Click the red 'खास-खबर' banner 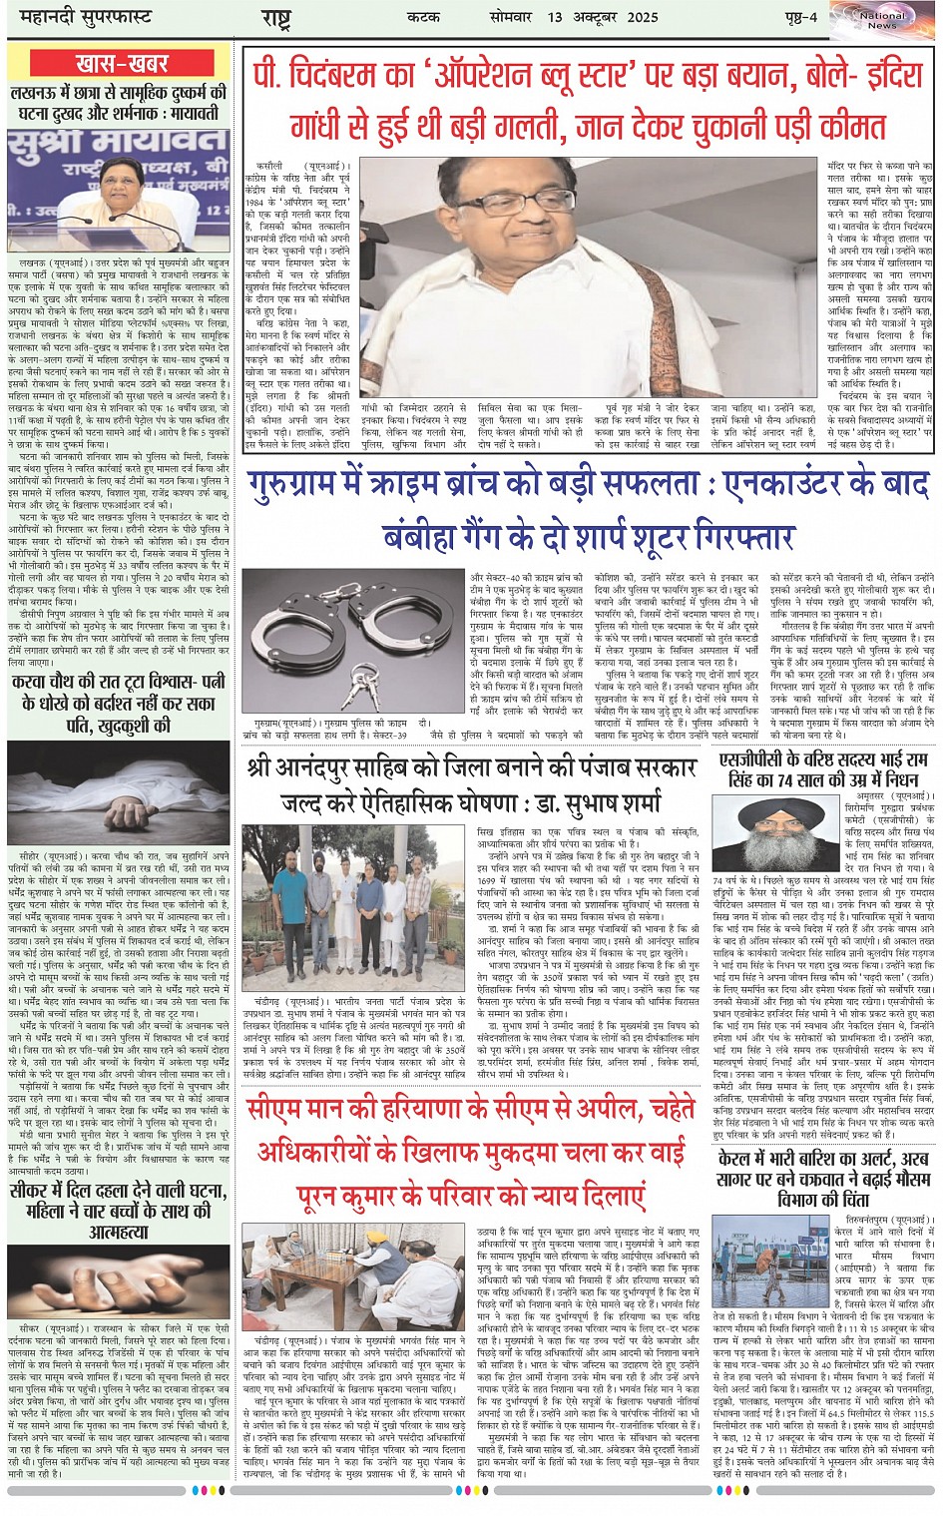122,64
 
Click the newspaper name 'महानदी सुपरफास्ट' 79,18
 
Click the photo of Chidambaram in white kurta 590,277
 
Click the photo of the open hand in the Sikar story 119,1280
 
